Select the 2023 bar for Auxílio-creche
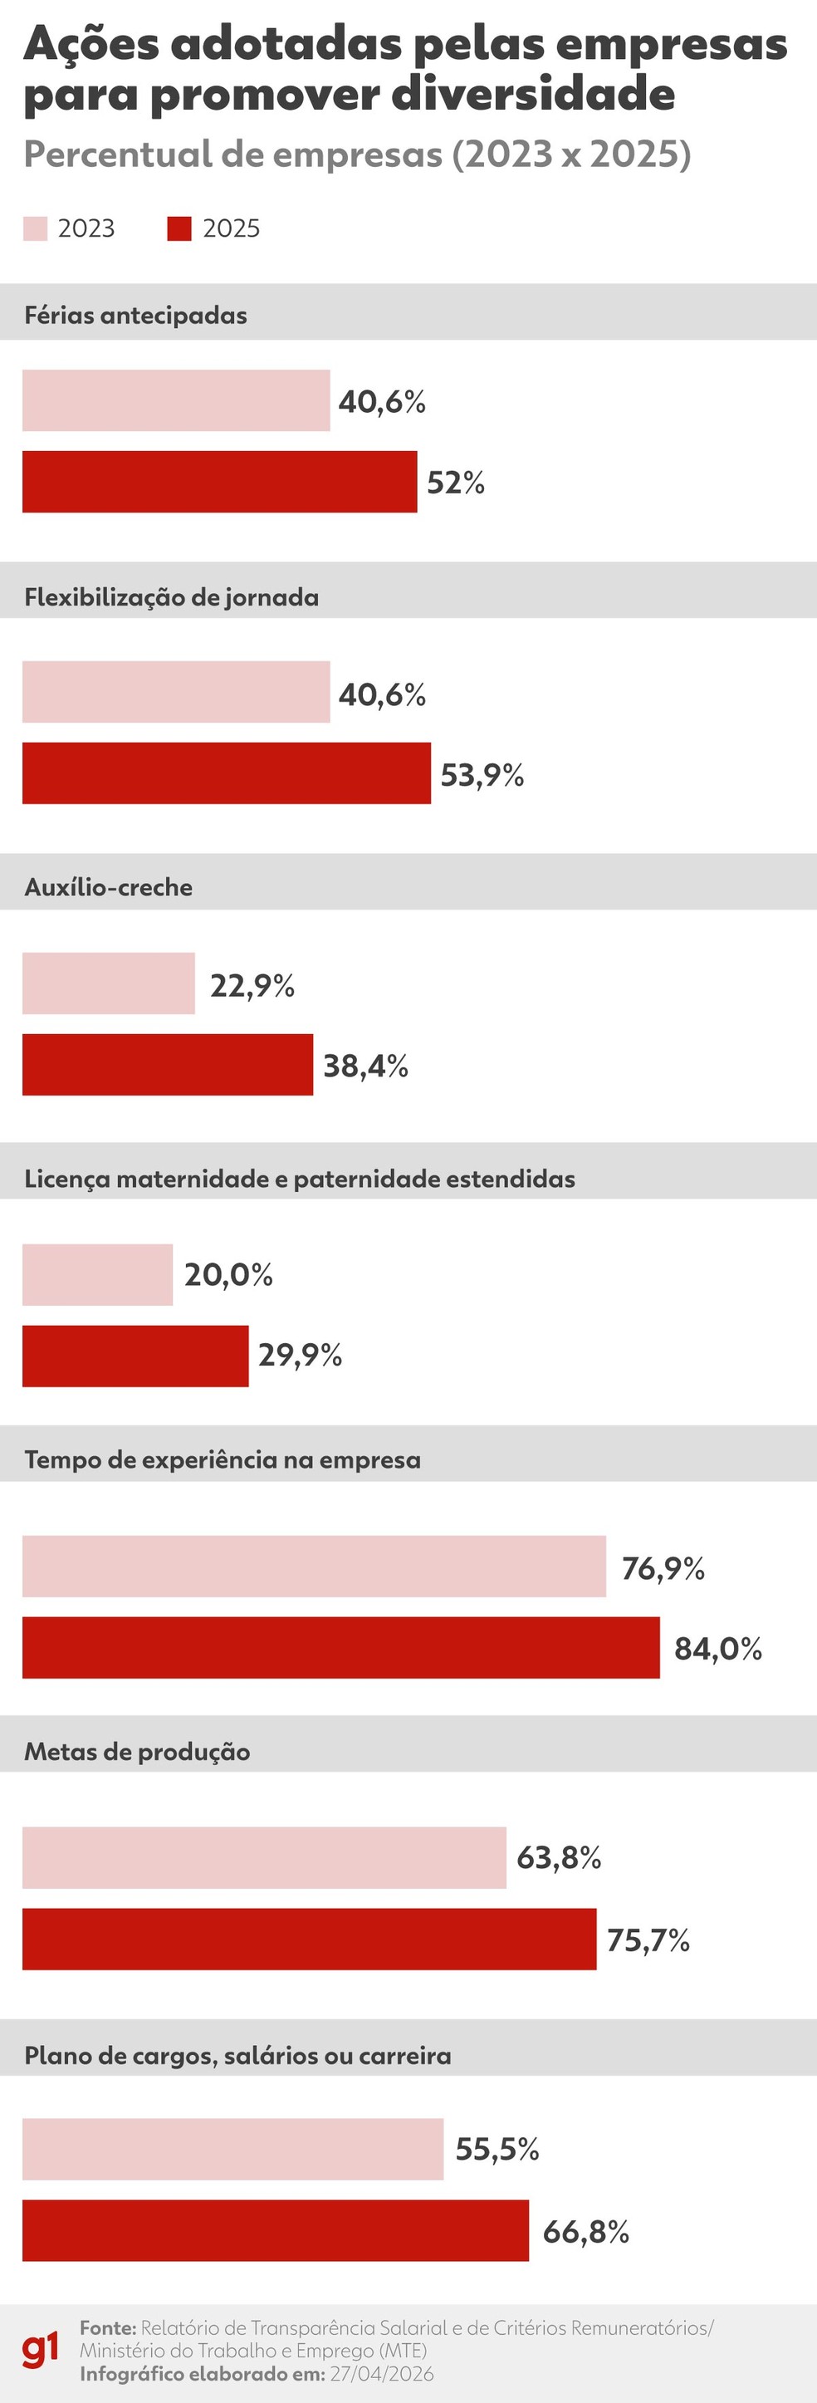[108, 983]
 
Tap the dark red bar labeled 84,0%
[340, 1647]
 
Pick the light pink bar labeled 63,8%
[264, 1857]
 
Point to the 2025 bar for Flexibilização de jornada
[227, 772]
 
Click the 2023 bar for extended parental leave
[97, 1274]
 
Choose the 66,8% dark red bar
[275, 2230]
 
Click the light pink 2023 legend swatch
[36, 228]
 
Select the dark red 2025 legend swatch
[179, 228]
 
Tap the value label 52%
[455, 483]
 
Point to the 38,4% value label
[365, 1066]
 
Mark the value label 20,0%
[228, 1274]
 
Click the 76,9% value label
[663, 1568]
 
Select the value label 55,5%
[497, 2150]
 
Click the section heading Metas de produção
[137, 1752]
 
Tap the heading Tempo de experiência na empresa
[222, 1460]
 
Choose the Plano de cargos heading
[237, 2056]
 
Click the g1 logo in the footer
[40, 2350]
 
